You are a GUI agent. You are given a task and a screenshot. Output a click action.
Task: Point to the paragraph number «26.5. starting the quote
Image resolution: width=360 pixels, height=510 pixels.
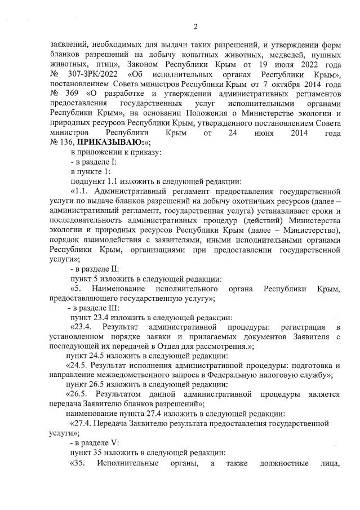(x=79, y=394)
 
